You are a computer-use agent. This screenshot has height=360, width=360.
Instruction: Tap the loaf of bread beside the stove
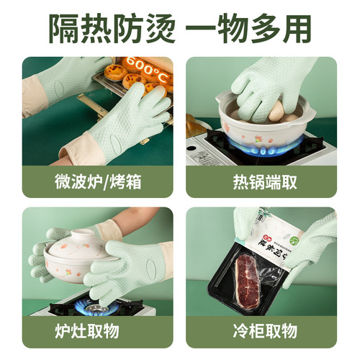tap(197, 125)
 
